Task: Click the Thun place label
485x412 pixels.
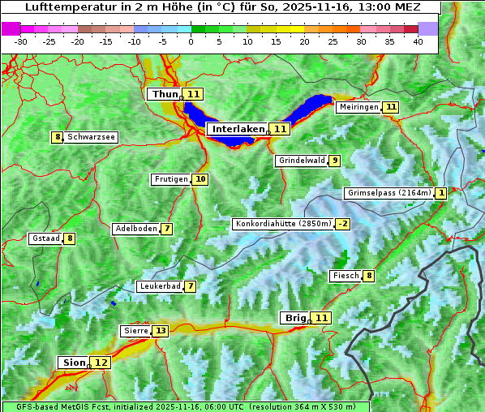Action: click(x=165, y=94)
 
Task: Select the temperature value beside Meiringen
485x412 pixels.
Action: click(x=391, y=107)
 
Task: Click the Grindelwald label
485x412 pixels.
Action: click(x=302, y=161)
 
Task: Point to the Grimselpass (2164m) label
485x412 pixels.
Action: click(x=388, y=193)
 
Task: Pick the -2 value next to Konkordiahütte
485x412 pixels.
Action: click(x=343, y=224)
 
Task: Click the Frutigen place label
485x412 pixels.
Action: click(x=171, y=179)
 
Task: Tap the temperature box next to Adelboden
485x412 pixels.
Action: click(x=167, y=229)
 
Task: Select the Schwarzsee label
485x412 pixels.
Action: click(x=91, y=137)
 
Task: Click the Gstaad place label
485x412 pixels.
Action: click(x=45, y=238)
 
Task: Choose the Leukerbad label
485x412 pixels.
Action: click(x=159, y=286)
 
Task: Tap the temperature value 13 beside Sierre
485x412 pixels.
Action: click(x=160, y=331)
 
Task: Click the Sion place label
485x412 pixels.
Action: click(x=72, y=363)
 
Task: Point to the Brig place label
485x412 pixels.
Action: click(x=294, y=318)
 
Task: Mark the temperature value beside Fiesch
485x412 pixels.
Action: click(x=369, y=276)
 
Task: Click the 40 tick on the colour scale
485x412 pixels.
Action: click(x=418, y=41)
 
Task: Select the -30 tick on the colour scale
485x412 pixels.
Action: click(x=21, y=41)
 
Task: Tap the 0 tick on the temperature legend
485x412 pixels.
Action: click(x=191, y=41)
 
